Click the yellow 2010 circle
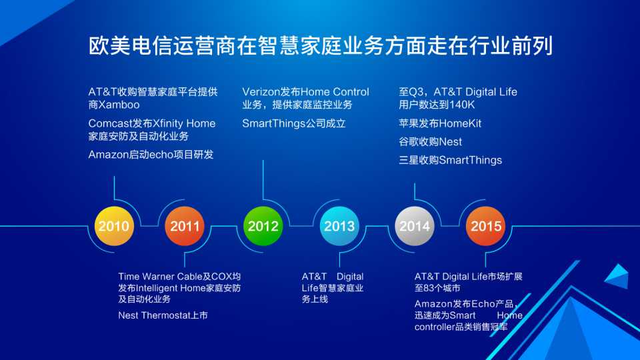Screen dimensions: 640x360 coord(114,226)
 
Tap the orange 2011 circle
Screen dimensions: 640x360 coord(185,226)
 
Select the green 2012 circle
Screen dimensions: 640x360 coord(263,226)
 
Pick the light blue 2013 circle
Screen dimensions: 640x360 coord(339,226)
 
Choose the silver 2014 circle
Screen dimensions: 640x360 coord(414,226)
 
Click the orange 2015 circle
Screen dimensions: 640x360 coord(486,226)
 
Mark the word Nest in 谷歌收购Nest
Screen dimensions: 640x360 coord(451,142)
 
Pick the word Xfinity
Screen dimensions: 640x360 coord(168,123)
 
